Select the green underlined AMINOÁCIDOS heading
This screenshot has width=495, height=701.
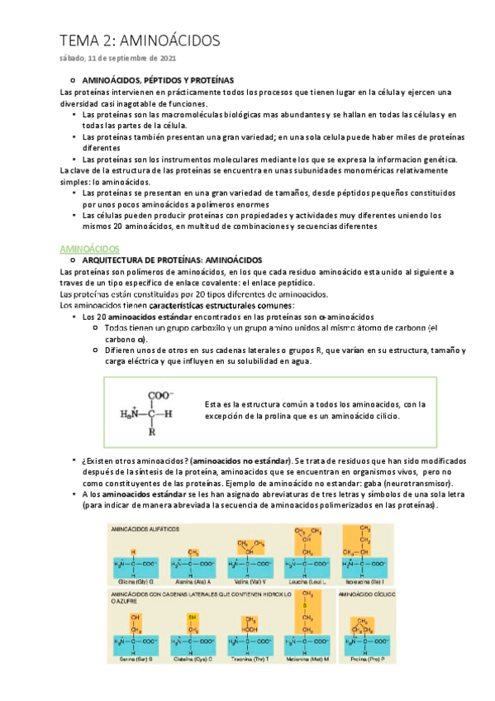90,247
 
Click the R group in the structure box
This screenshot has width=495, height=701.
152,431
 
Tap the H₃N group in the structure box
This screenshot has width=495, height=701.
129,414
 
